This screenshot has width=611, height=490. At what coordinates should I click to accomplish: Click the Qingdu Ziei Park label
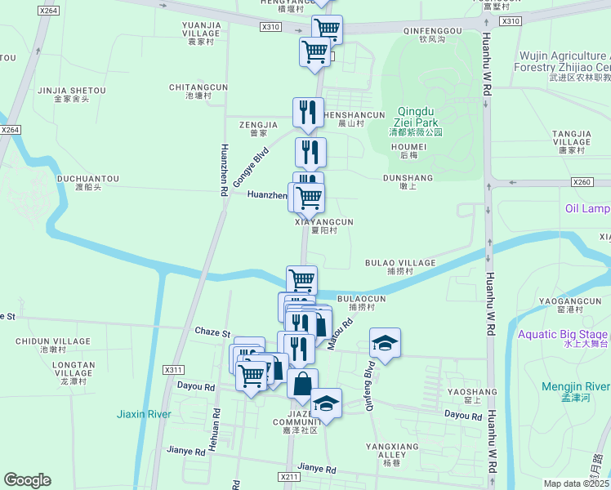(x=415, y=121)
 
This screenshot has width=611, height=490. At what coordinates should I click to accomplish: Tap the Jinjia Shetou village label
(x=70, y=94)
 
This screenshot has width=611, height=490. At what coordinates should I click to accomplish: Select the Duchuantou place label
(x=87, y=182)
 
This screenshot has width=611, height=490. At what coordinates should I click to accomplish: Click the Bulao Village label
(x=399, y=267)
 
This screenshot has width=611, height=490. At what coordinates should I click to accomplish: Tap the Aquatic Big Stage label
(x=562, y=338)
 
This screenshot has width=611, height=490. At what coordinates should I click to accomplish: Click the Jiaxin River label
(x=143, y=414)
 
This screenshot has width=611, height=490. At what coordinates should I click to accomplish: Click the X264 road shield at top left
(x=48, y=11)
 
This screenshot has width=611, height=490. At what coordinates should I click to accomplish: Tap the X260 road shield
(x=582, y=182)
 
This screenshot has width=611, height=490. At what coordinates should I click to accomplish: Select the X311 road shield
(x=173, y=369)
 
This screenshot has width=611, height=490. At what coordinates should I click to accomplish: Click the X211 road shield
(x=288, y=476)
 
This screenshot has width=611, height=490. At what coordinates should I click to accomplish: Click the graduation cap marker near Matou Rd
(x=385, y=343)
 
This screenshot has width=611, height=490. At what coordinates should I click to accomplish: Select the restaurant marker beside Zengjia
(x=308, y=112)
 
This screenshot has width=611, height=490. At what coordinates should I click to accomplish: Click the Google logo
(x=28, y=480)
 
